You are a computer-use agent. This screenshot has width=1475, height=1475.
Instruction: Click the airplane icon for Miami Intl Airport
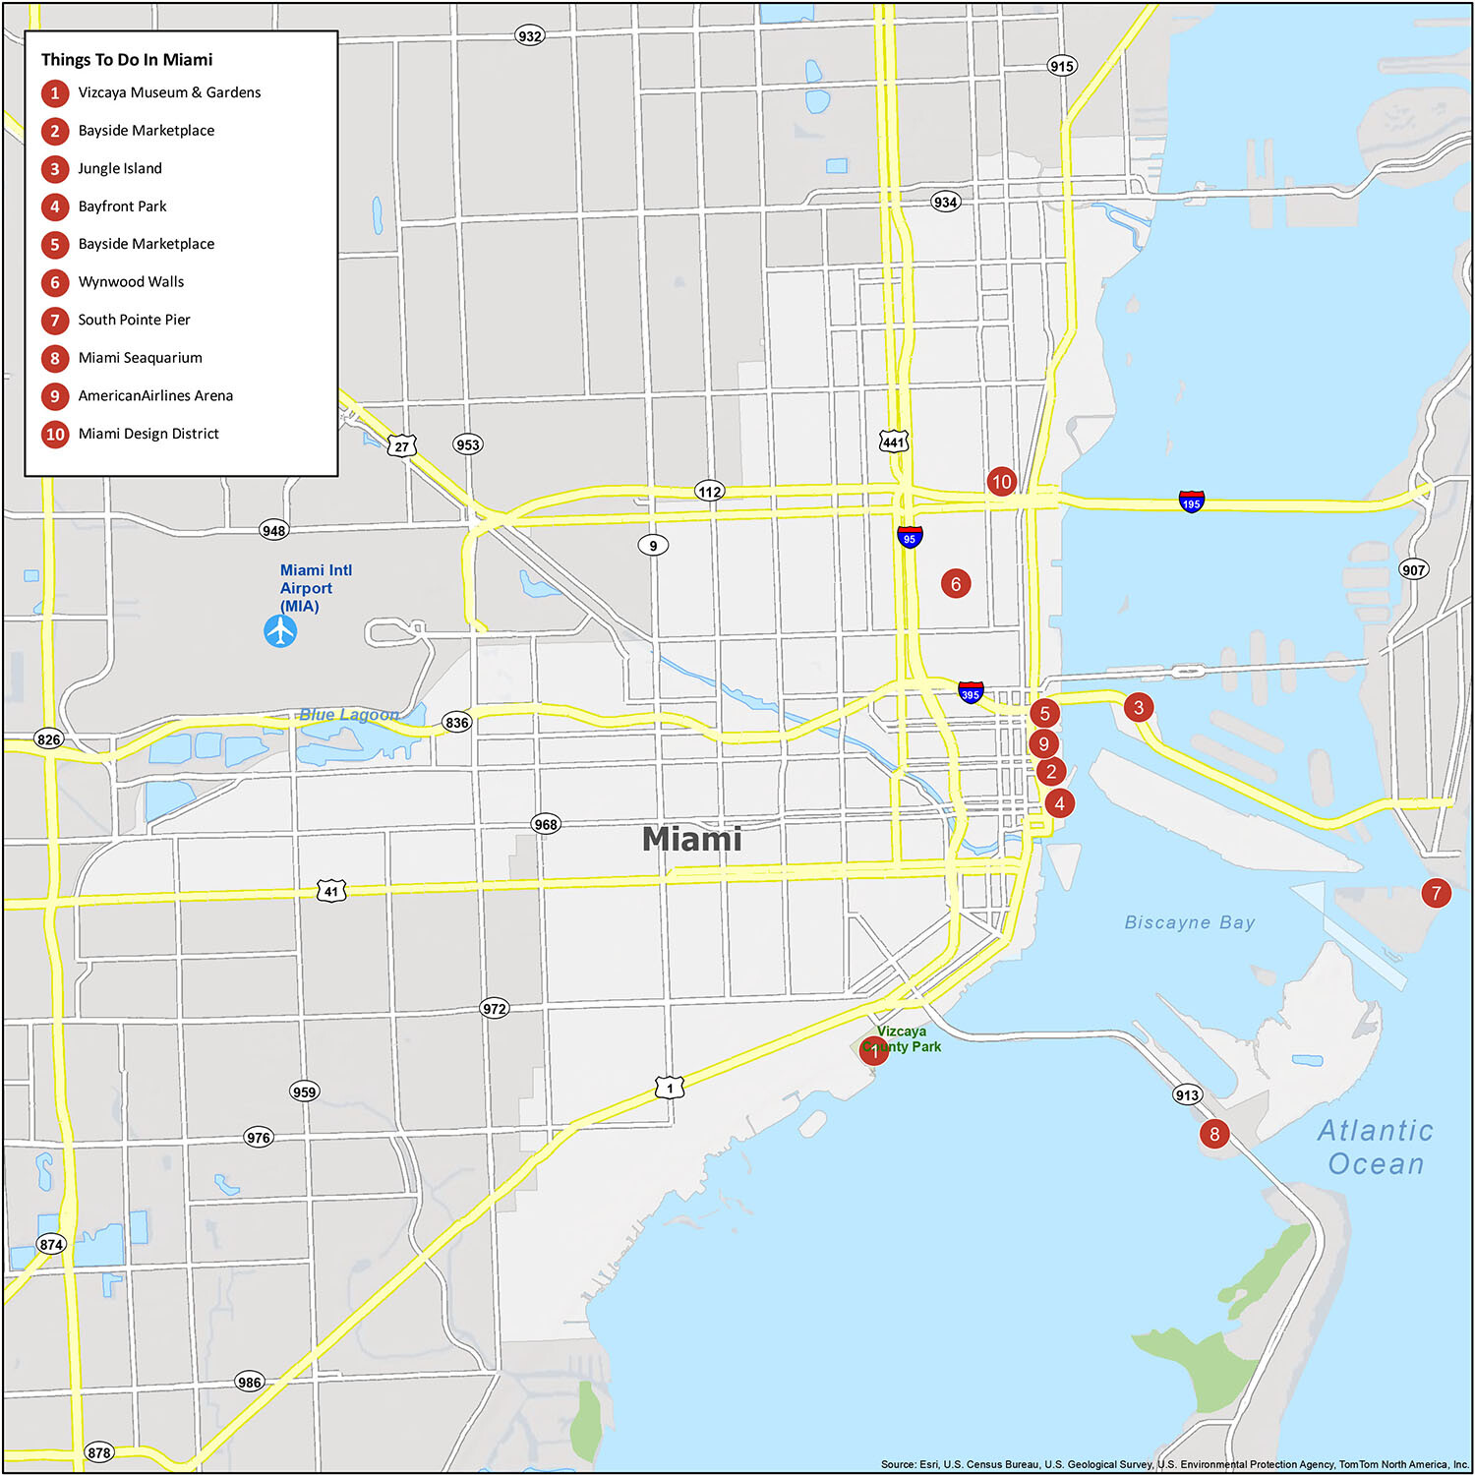coord(280,630)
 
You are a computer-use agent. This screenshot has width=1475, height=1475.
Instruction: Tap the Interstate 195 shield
coord(1191,501)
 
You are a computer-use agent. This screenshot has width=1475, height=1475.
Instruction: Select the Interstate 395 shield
coord(971,692)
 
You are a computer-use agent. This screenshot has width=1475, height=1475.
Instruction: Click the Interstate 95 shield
coord(910,537)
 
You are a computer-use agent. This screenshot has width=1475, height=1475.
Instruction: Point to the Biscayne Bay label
coord(1190,922)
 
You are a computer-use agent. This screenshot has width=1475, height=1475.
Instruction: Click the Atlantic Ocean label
coord(1375,1147)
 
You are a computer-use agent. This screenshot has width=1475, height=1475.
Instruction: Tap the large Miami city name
coord(691,839)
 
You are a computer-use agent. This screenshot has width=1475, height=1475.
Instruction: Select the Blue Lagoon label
coord(349,715)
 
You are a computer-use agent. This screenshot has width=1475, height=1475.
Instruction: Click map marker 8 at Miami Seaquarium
coord(1214,1134)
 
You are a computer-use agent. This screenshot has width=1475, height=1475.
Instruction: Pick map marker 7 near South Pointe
coord(1436,893)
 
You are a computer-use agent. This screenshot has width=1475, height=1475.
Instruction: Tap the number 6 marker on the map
coord(955,583)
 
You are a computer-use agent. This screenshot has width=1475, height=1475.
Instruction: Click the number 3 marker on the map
coord(1138,706)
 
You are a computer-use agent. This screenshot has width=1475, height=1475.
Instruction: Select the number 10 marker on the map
coord(1001,481)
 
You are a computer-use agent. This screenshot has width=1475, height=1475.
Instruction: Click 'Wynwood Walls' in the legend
coord(131,282)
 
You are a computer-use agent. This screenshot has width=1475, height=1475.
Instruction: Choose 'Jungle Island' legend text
coord(120,168)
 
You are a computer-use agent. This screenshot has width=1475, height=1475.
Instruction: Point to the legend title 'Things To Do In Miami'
coord(127,60)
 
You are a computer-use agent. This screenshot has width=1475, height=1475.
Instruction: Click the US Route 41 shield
coord(331,892)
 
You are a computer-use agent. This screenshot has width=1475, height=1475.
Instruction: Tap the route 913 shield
coord(1187,1094)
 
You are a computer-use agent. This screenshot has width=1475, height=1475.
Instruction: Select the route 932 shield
coord(530,36)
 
